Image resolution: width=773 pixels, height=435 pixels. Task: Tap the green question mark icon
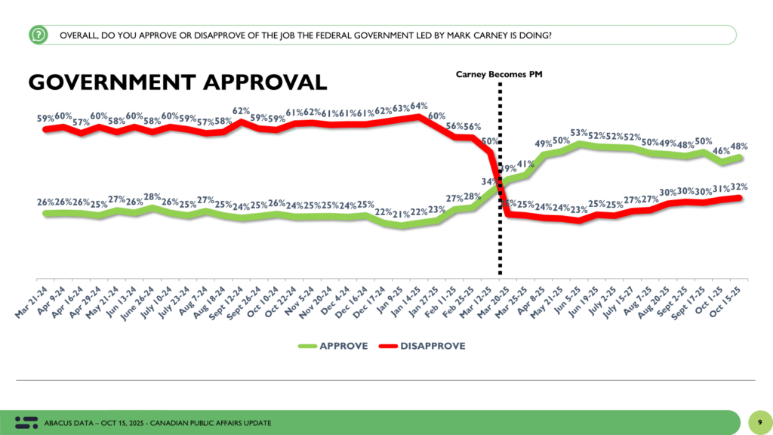click(38, 35)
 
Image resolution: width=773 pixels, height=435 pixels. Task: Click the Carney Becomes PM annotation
click(499, 74)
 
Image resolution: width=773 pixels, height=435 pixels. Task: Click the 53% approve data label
click(579, 133)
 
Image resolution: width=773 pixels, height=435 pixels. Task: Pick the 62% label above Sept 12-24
click(242, 111)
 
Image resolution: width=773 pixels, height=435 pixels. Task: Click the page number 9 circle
click(757, 421)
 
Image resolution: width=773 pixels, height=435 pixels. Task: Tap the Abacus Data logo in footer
click(26, 421)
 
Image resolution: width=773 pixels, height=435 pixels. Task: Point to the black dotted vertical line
click(499, 227)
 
